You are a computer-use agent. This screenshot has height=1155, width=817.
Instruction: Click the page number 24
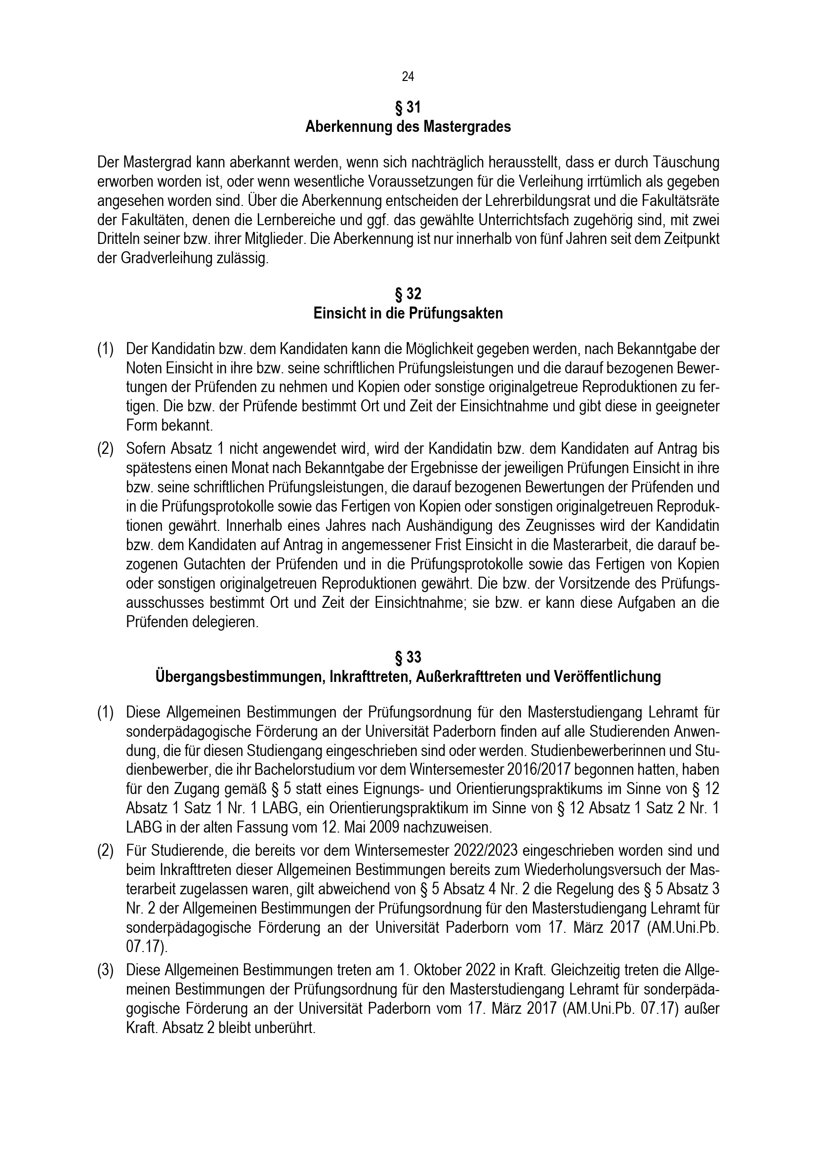pos(408,77)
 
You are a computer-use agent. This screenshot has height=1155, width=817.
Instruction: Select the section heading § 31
pos(408,108)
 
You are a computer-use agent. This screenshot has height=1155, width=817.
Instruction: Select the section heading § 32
pos(408,294)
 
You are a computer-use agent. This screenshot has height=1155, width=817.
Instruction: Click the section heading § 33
pos(408,657)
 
